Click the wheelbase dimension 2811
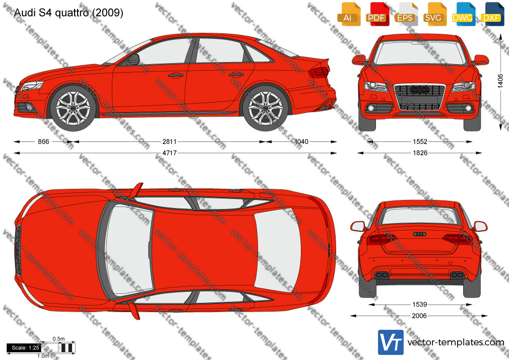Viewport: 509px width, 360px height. tap(169, 142)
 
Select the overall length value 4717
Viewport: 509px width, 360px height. tap(169, 153)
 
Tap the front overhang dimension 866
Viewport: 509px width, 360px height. tap(43, 142)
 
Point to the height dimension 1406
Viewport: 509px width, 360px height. tap(500, 81)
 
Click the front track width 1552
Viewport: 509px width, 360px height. tap(420, 142)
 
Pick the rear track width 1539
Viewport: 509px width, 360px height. tap(420, 305)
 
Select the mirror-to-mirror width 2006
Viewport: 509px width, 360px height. tap(419, 316)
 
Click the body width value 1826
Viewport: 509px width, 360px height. tap(420, 153)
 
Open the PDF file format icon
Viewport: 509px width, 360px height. tap(376, 14)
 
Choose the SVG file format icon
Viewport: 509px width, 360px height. tap(434, 14)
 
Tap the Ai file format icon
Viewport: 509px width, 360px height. tap(348, 14)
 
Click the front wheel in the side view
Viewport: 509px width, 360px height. tap(74, 107)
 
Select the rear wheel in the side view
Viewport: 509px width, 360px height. tap(266, 107)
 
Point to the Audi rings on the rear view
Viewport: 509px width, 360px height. tap(419, 234)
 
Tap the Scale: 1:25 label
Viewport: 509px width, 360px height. tap(25, 348)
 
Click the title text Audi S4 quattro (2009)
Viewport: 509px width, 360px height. tap(69, 13)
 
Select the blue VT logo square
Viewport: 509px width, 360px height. tap(391, 342)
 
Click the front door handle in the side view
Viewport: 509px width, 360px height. tap(175, 76)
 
